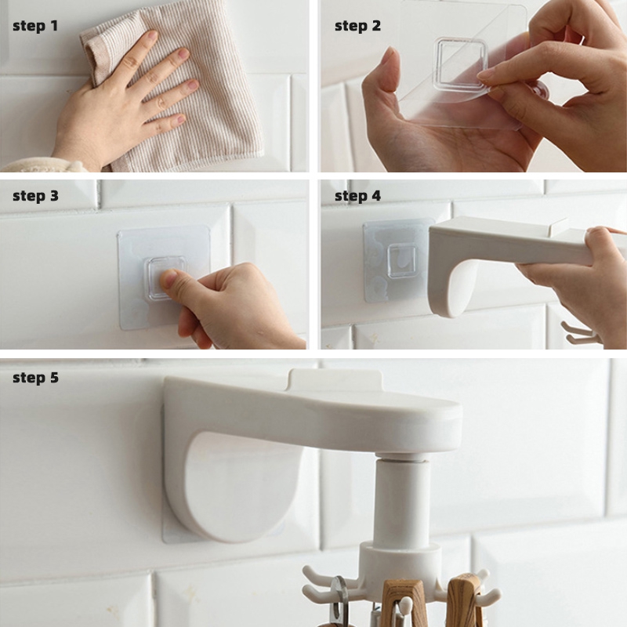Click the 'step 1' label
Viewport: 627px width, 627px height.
click(x=35, y=27)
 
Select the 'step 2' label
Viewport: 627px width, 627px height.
click(x=357, y=27)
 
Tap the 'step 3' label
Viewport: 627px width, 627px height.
click(x=35, y=197)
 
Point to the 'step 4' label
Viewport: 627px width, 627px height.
click(x=357, y=197)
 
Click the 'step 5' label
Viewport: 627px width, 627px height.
click(x=35, y=378)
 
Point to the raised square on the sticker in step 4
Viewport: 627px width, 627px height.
click(x=402, y=261)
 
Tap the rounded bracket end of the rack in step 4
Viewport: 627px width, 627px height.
click(x=450, y=288)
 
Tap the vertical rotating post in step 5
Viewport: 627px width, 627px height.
click(x=402, y=500)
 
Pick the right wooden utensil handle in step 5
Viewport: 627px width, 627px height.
click(x=464, y=600)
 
